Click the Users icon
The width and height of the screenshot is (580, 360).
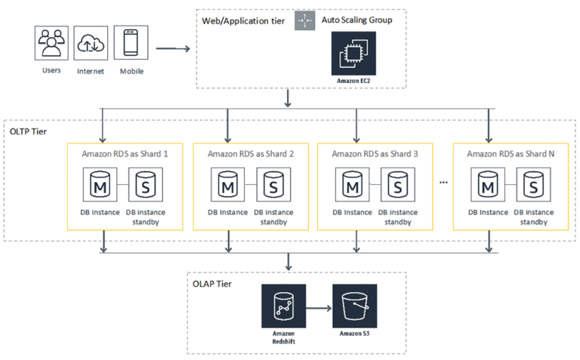[x=51, y=45]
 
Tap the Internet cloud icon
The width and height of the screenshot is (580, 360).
[x=91, y=45]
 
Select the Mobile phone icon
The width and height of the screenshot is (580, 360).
[x=130, y=45]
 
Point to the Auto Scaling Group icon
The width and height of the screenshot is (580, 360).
[x=304, y=21]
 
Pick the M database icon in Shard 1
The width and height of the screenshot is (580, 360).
[x=102, y=185]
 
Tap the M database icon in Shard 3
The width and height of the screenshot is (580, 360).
[x=351, y=185]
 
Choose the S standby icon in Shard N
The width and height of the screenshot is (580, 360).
[x=532, y=185]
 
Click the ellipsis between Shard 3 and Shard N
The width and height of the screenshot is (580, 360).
[x=443, y=183]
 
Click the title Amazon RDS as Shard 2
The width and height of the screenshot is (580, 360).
[x=250, y=153]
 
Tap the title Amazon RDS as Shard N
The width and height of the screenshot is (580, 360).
[x=511, y=153]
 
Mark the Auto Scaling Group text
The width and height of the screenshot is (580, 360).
[x=356, y=20]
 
